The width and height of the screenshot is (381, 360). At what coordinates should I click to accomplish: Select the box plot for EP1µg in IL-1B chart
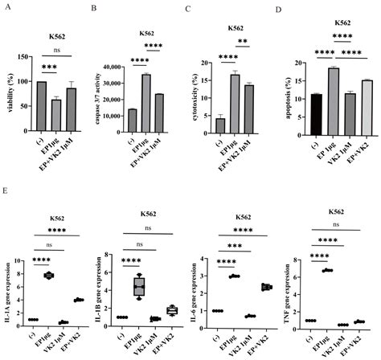[x=140, y=286]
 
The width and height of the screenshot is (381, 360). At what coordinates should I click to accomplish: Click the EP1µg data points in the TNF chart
[x=326, y=270]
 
